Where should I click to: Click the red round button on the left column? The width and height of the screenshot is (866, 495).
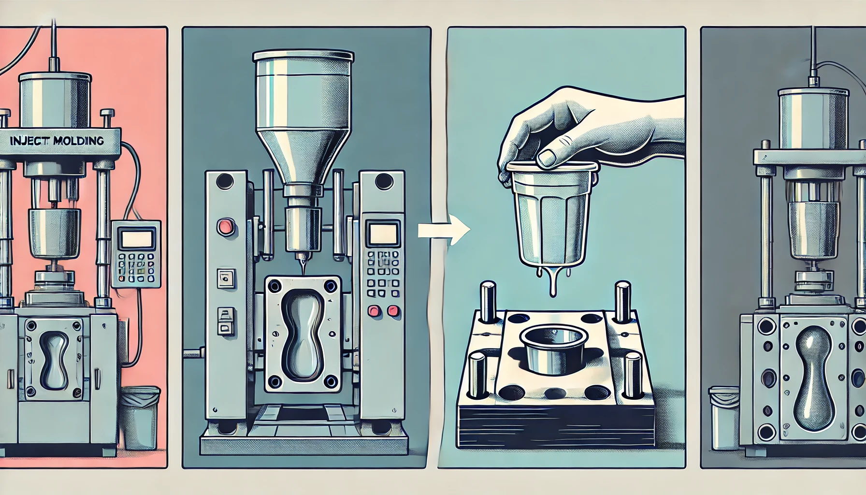225,226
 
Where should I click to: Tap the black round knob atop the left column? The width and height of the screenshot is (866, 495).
224,182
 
